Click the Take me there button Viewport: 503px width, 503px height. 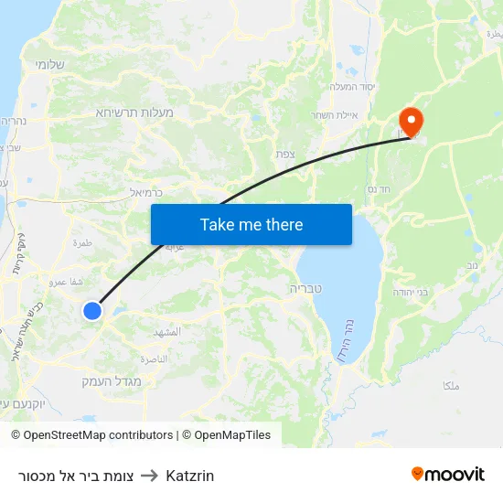point(251,224)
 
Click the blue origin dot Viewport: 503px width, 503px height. point(92,311)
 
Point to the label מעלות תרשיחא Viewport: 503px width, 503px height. point(134,112)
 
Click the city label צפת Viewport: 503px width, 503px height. point(286,155)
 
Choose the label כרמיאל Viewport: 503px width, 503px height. point(145,193)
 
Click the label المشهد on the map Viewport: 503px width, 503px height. point(170,332)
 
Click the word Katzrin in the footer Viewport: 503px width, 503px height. point(190,476)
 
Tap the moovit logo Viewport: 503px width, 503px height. point(447,475)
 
